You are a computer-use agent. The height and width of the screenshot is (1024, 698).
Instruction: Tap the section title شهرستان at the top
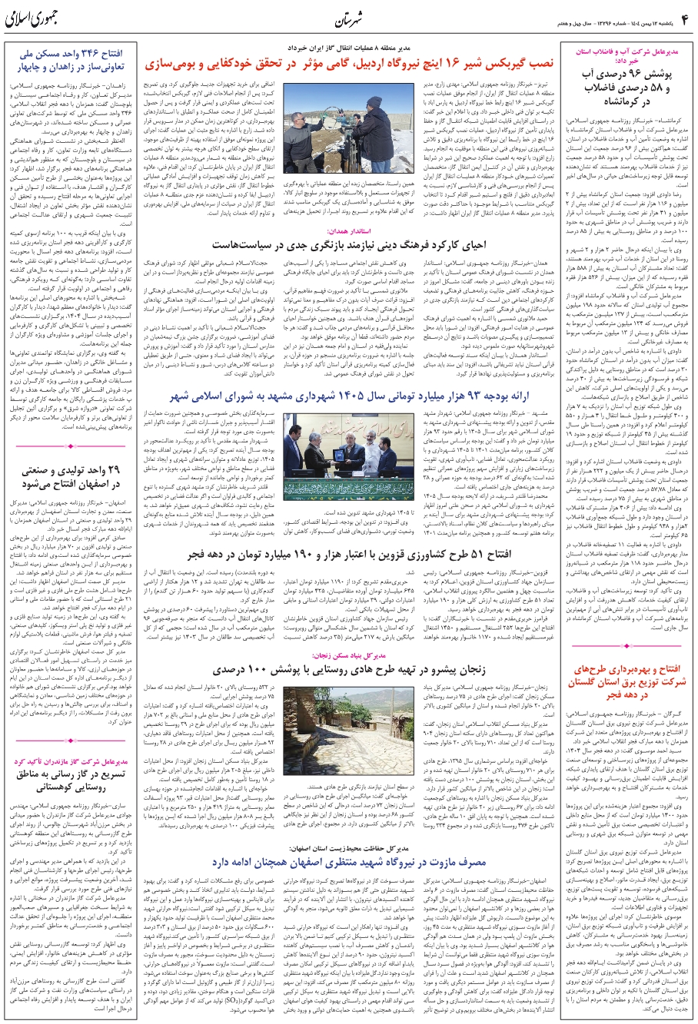349,18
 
